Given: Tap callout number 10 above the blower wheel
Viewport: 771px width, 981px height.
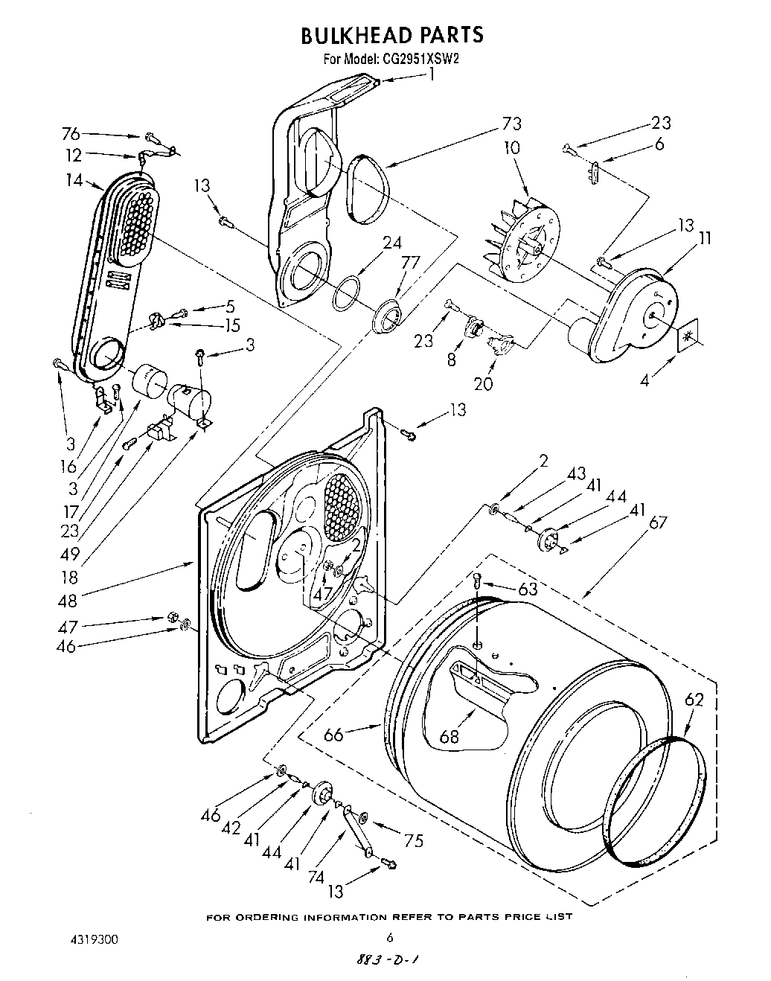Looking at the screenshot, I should click(x=511, y=147).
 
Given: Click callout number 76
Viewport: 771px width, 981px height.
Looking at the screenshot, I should click(x=71, y=134).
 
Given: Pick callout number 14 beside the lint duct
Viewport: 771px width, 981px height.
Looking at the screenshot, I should click(x=73, y=179).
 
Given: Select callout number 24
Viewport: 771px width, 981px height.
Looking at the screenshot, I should click(x=392, y=242).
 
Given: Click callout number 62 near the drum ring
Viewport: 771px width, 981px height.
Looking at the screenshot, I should click(x=693, y=700).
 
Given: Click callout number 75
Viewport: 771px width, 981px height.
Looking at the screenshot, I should click(x=413, y=841).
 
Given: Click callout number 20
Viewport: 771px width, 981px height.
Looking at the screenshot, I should click(x=483, y=385).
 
